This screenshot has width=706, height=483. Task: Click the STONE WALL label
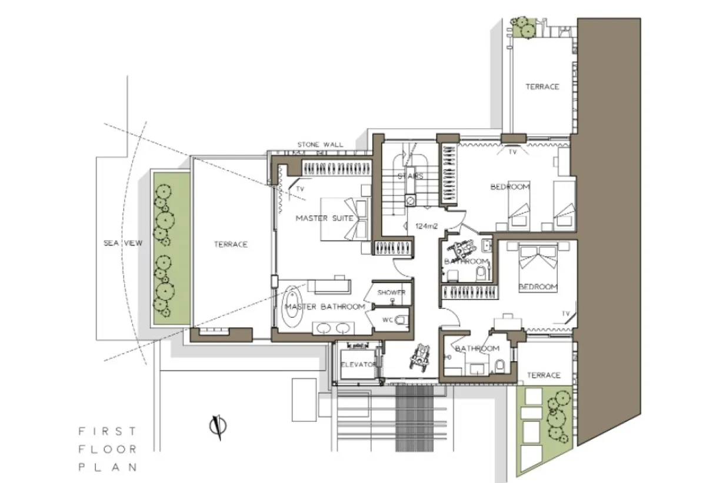tap(320, 145)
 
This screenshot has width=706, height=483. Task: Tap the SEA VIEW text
tap(123, 243)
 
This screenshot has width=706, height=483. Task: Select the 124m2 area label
tap(427, 226)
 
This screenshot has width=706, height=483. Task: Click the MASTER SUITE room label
tap(325, 218)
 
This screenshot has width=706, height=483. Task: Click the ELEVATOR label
tap(359, 365)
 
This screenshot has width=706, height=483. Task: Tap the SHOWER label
tap(391, 292)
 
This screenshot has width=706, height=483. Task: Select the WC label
tap(388, 320)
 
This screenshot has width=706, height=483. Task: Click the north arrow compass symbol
tap(218, 427)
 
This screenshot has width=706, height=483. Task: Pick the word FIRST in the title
tap(108, 431)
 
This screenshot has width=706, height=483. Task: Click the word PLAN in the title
tap(108, 467)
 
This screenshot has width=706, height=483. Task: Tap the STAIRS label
tap(411, 176)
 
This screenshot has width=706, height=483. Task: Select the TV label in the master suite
tap(300, 189)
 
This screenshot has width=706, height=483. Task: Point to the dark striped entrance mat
tap(414, 418)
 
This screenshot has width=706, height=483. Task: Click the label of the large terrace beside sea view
tap(231, 244)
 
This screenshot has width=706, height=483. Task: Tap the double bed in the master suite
tap(344, 219)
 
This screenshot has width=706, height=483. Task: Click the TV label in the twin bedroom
tap(513, 152)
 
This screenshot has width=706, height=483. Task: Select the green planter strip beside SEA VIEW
tap(172, 249)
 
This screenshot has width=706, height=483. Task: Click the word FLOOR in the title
tap(108, 449)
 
